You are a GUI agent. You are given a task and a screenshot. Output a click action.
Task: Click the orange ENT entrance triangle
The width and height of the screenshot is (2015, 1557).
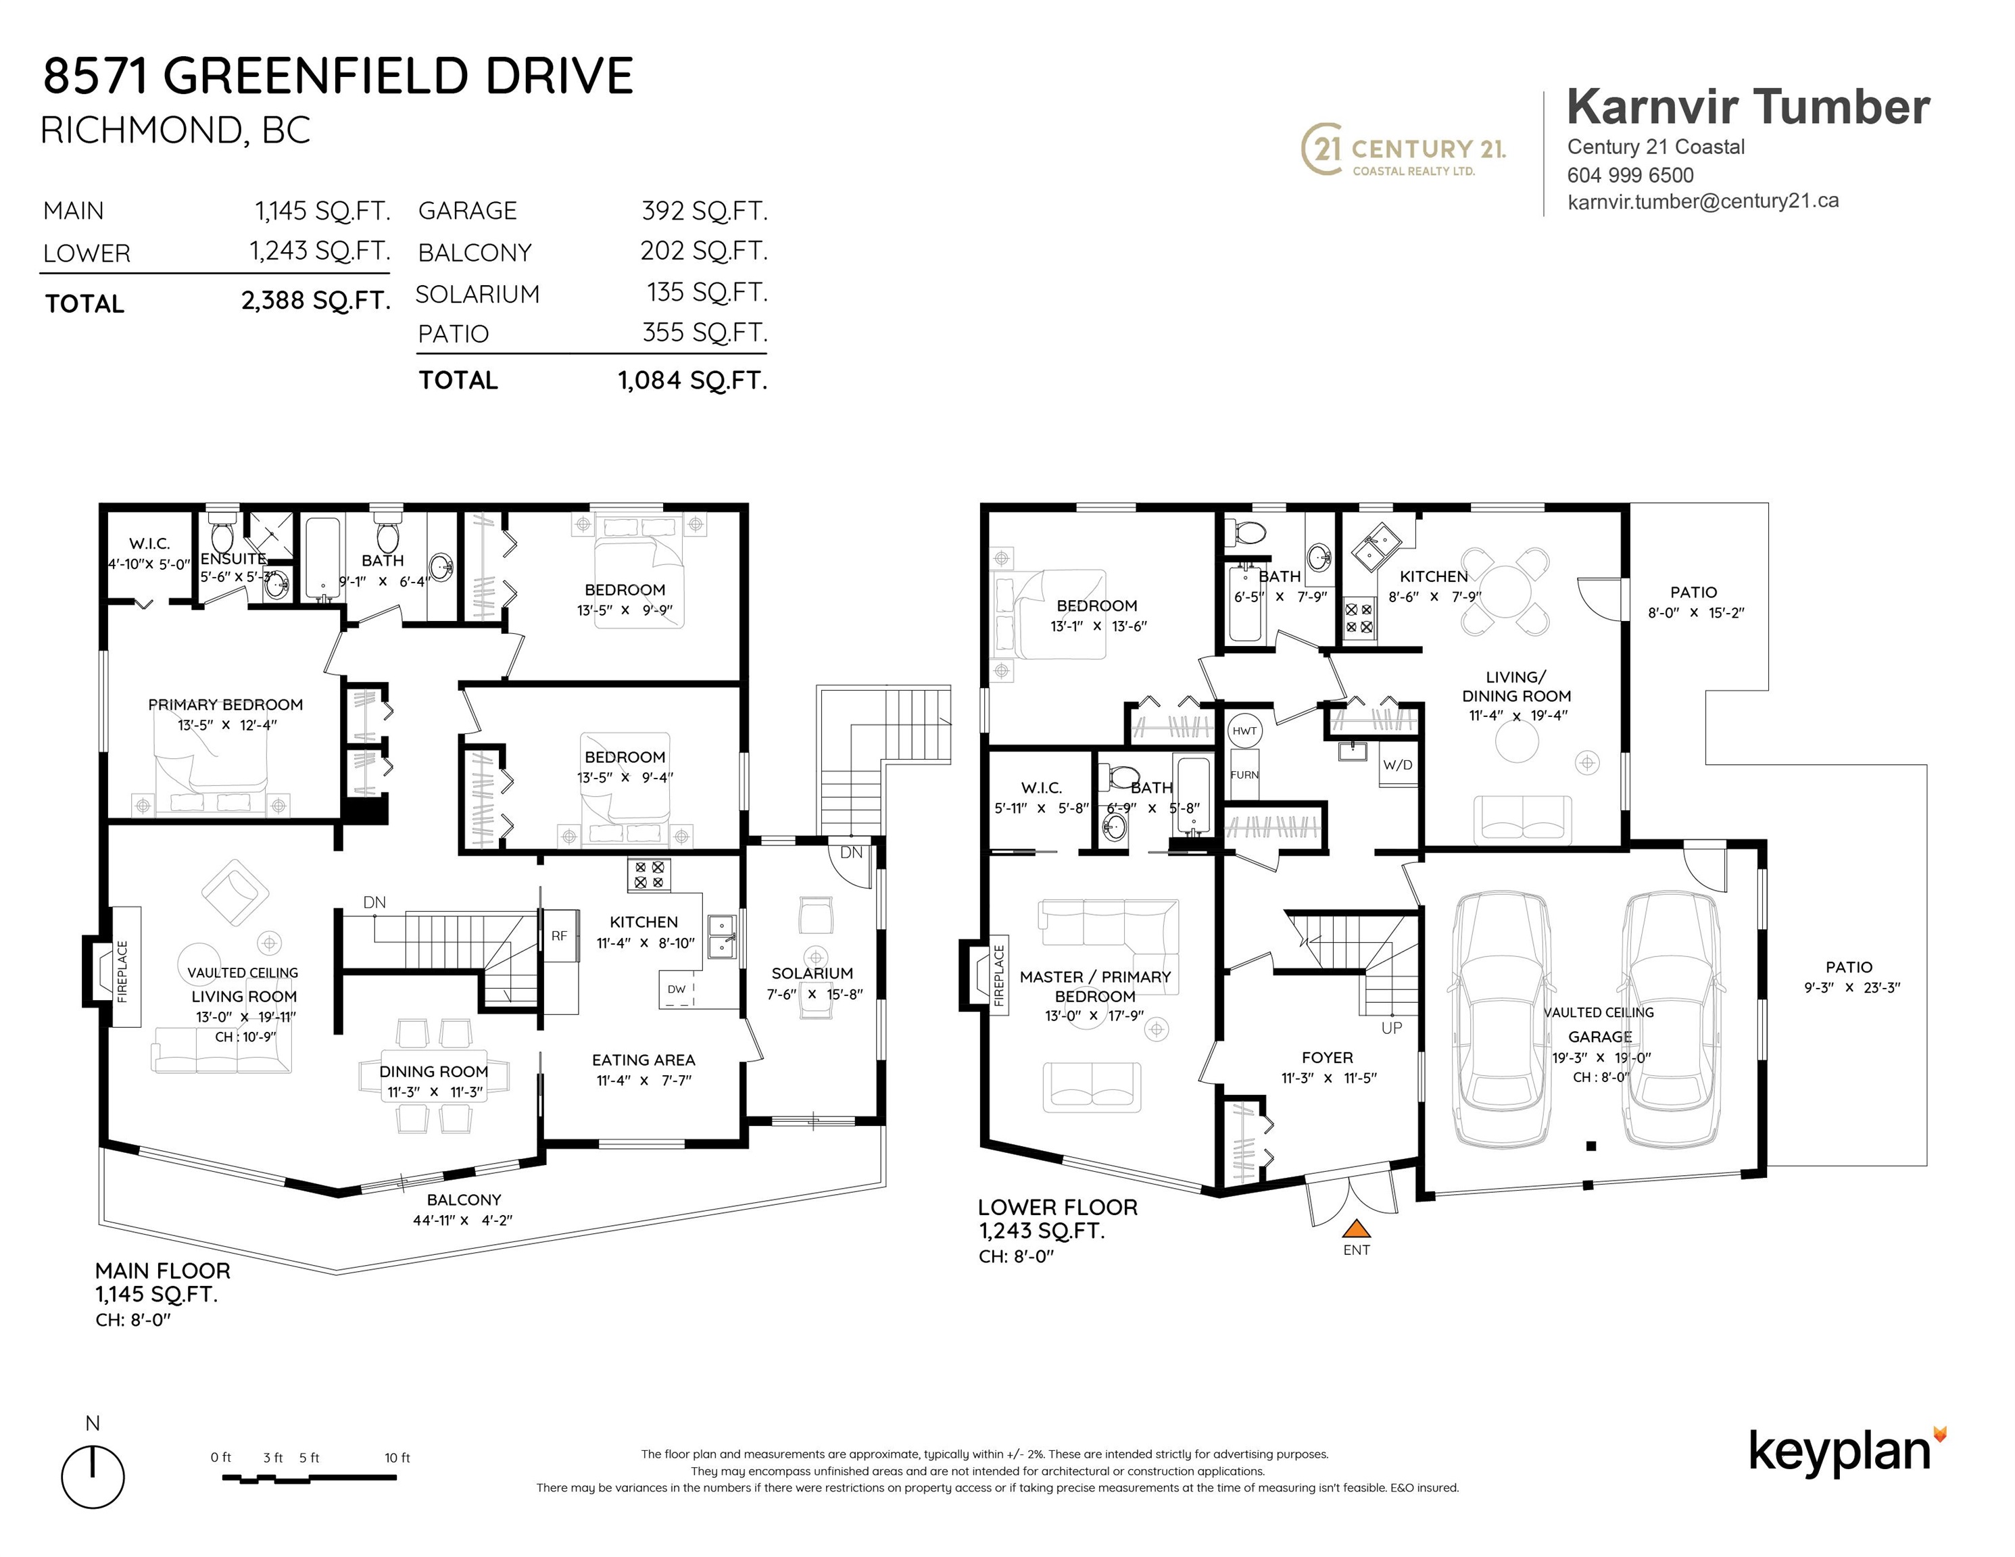(1355, 1228)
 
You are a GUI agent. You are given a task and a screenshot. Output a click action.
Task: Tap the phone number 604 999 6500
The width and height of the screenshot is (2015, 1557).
(1630, 175)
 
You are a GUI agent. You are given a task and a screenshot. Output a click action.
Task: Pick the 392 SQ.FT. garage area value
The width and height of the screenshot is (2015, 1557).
(704, 212)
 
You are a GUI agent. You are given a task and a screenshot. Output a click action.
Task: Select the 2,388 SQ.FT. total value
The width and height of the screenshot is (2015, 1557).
(316, 301)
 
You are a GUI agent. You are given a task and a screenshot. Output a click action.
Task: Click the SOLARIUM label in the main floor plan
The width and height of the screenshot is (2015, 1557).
(812, 973)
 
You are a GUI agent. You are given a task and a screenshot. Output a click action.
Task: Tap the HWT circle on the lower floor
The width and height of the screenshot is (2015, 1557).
(1244, 731)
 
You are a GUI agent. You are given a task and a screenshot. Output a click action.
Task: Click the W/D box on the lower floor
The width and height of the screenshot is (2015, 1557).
(1397, 765)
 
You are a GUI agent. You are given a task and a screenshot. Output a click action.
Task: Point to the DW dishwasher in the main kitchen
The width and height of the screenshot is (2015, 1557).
(677, 989)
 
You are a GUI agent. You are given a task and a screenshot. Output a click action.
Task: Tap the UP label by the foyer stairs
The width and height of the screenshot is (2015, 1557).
(1391, 1028)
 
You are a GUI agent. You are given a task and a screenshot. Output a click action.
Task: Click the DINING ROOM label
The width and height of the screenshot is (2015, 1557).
(434, 1072)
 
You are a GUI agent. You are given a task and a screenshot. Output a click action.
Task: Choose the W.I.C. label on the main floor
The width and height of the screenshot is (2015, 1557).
(149, 543)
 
